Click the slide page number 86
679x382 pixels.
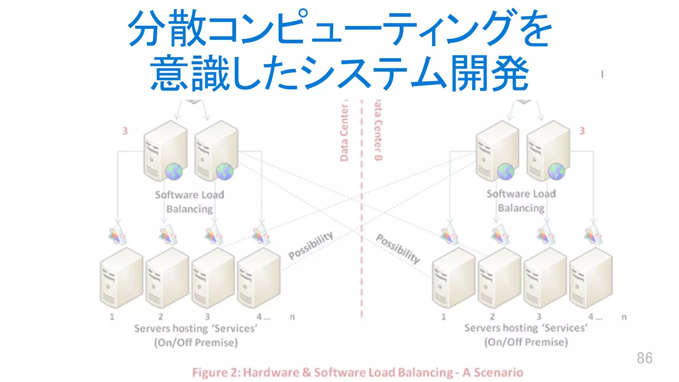(x=644, y=358)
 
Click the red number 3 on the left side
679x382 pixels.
(x=125, y=131)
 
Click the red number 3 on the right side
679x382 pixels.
(x=582, y=131)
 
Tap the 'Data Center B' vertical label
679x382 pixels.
(x=378, y=131)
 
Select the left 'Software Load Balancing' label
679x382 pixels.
(x=190, y=202)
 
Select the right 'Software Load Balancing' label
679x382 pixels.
(x=521, y=201)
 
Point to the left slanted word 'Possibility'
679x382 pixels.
(x=311, y=245)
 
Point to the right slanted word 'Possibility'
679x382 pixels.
(x=398, y=248)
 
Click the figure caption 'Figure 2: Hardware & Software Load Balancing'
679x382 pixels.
(x=357, y=372)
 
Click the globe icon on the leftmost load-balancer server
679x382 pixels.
(x=174, y=171)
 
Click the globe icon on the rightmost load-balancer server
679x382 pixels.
(x=556, y=172)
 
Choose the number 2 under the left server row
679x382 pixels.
(x=160, y=317)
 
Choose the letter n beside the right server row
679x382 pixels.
(x=624, y=317)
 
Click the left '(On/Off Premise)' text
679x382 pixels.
(x=196, y=343)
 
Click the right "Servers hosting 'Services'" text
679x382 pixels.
(x=525, y=328)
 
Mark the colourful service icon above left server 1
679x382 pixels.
(x=117, y=235)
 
